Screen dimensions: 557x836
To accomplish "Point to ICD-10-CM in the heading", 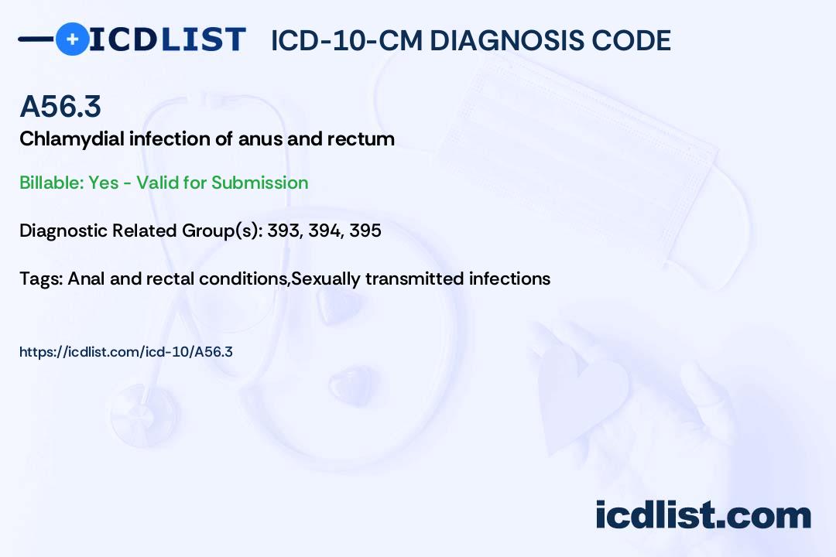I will tap(346, 40).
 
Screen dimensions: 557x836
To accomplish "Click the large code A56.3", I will tap(60, 107).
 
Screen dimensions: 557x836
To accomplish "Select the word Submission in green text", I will tap(259, 183).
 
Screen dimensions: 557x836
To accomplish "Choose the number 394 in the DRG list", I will tap(324, 231).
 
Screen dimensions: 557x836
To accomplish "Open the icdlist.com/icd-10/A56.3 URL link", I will tap(126, 352).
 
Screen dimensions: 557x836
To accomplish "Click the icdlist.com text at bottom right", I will tap(703, 515).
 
